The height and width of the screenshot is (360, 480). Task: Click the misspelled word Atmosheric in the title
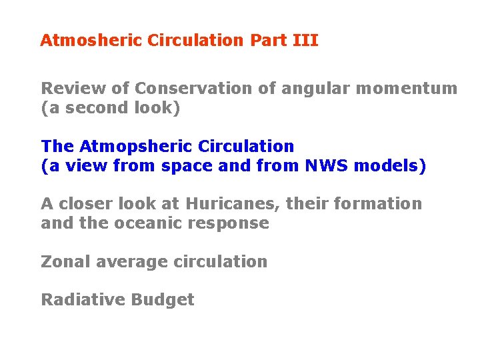[91, 41]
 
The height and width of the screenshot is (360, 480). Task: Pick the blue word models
[389, 166]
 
